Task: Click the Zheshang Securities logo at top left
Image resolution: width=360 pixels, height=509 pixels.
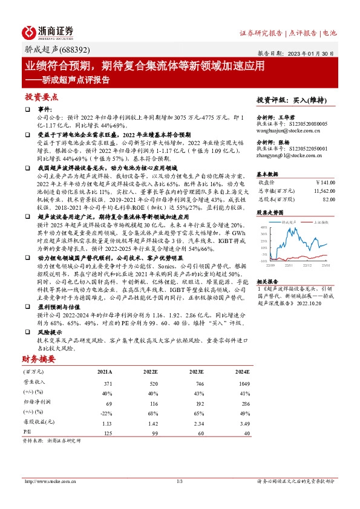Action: click(48, 32)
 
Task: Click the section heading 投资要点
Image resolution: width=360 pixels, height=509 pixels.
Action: click(41, 97)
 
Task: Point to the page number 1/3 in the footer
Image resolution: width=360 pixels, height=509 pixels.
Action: click(180, 481)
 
